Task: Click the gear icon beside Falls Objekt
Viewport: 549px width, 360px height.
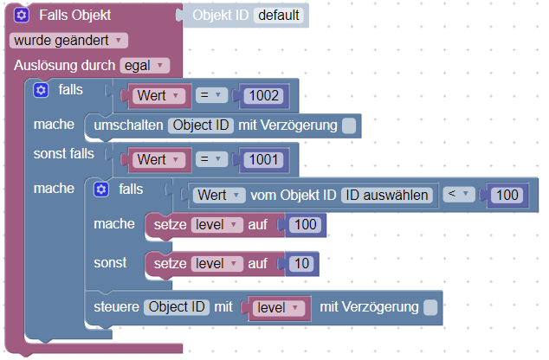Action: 22,16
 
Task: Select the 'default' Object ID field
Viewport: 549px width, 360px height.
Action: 280,16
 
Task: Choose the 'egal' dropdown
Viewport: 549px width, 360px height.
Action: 145,65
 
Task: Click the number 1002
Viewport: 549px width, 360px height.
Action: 263,95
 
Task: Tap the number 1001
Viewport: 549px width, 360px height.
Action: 263,159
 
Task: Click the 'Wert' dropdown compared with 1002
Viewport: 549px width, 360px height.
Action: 157,95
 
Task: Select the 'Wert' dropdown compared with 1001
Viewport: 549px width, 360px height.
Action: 157,159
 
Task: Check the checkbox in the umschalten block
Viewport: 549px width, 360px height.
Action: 348,126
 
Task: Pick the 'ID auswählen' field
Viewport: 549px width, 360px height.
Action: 386,195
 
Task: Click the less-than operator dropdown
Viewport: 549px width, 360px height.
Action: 460,195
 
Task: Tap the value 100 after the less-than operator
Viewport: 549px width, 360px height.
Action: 505,196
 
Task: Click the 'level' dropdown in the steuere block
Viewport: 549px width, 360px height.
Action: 278,306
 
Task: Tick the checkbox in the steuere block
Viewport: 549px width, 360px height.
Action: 430,306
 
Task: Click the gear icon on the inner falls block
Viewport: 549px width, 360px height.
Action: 100,189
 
